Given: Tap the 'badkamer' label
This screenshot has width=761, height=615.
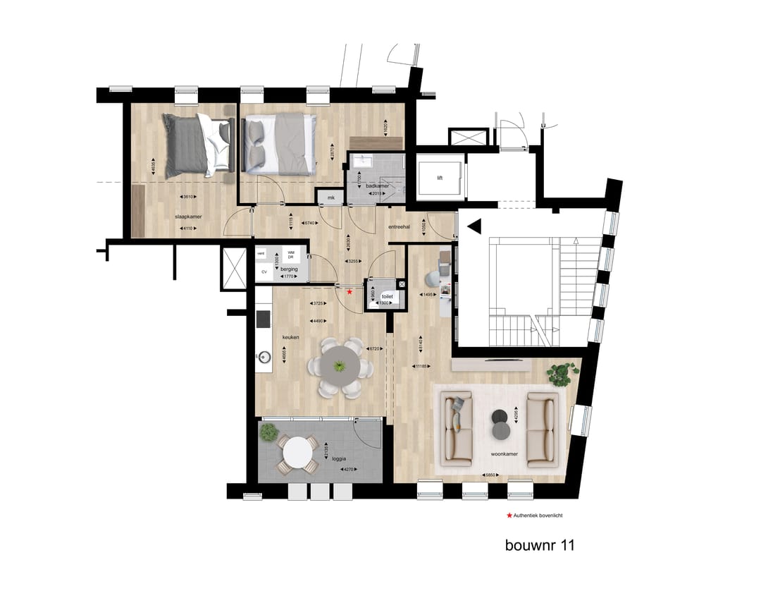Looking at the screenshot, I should click(367, 185).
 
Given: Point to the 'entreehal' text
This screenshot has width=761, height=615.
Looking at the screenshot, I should click(400, 226).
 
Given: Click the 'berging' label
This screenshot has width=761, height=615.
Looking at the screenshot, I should click(289, 268).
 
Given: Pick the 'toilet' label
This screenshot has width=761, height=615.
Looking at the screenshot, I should click(387, 297).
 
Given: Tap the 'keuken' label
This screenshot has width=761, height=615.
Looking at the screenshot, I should click(291, 337).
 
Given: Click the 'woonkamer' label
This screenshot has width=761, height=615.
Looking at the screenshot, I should click(505, 454).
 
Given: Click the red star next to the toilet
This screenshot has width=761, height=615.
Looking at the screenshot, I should click(349, 291).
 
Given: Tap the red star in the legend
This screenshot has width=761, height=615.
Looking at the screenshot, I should click(509, 516).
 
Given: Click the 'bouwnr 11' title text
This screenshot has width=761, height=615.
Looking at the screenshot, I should click(540, 545).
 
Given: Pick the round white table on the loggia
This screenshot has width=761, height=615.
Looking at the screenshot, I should click(301, 452).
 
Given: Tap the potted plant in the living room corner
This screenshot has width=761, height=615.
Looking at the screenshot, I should click(562, 372).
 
